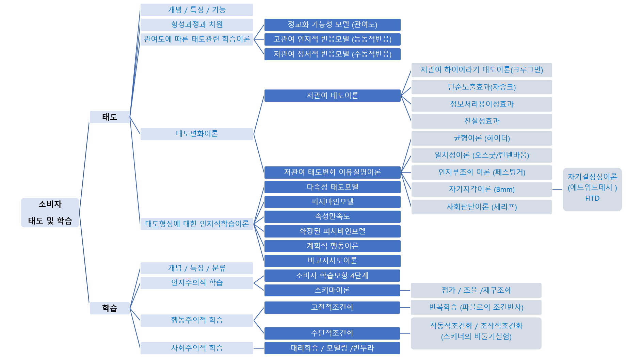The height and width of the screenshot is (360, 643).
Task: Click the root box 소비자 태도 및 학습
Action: point(50,213)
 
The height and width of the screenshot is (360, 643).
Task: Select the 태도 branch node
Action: point(110,117)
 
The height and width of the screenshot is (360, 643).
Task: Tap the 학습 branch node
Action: point(110,308)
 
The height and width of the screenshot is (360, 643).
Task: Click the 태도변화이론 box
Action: point(197,134)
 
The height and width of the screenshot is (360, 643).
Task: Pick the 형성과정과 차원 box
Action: point(197,24)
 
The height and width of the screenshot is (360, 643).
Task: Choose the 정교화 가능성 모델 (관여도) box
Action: point(332,24)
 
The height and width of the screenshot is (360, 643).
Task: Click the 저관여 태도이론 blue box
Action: point(332,96)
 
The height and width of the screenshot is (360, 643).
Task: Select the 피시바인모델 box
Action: point(332,202)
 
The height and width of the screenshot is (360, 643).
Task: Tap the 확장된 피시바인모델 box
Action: point(332,231)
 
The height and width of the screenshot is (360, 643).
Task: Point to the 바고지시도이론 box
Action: point(332,261)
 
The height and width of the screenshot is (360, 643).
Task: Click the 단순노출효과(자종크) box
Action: point(482,87)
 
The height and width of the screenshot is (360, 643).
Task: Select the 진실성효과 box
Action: point(482,121)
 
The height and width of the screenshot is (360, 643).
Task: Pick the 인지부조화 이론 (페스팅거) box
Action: point(482,172)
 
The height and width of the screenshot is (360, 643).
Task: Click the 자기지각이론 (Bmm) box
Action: point(482,190)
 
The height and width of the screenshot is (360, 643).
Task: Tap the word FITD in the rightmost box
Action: point(592,198)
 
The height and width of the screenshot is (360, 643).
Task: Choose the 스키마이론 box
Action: point(332,290)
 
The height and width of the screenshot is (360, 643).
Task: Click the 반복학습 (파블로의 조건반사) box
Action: point(476,307)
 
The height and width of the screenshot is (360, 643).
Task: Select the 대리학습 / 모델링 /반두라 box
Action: point(332,348)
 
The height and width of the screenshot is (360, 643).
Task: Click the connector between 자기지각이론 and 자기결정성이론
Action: point(557,189)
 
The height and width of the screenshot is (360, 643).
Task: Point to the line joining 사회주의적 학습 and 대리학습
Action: point(259,348)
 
